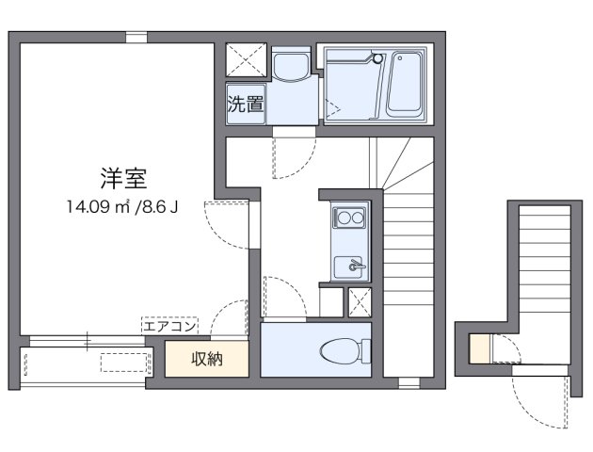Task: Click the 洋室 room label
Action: [x=123, y=177]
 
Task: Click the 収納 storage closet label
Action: [x=207, y=359]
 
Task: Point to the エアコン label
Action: [x=169, y=326]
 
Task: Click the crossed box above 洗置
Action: [x=246, y=62]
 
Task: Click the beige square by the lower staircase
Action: [x=478, y=350]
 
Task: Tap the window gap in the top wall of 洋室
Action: [x=136, y=38]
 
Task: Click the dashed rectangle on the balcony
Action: [x=125, y=361]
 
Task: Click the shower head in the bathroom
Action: [x=378, y=58]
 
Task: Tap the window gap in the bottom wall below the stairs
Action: [x=408, y=382]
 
